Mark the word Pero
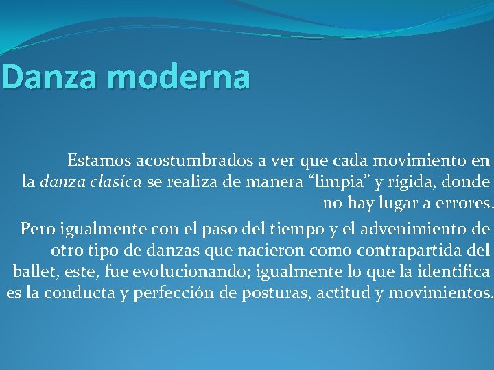click(x=35, y=227)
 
